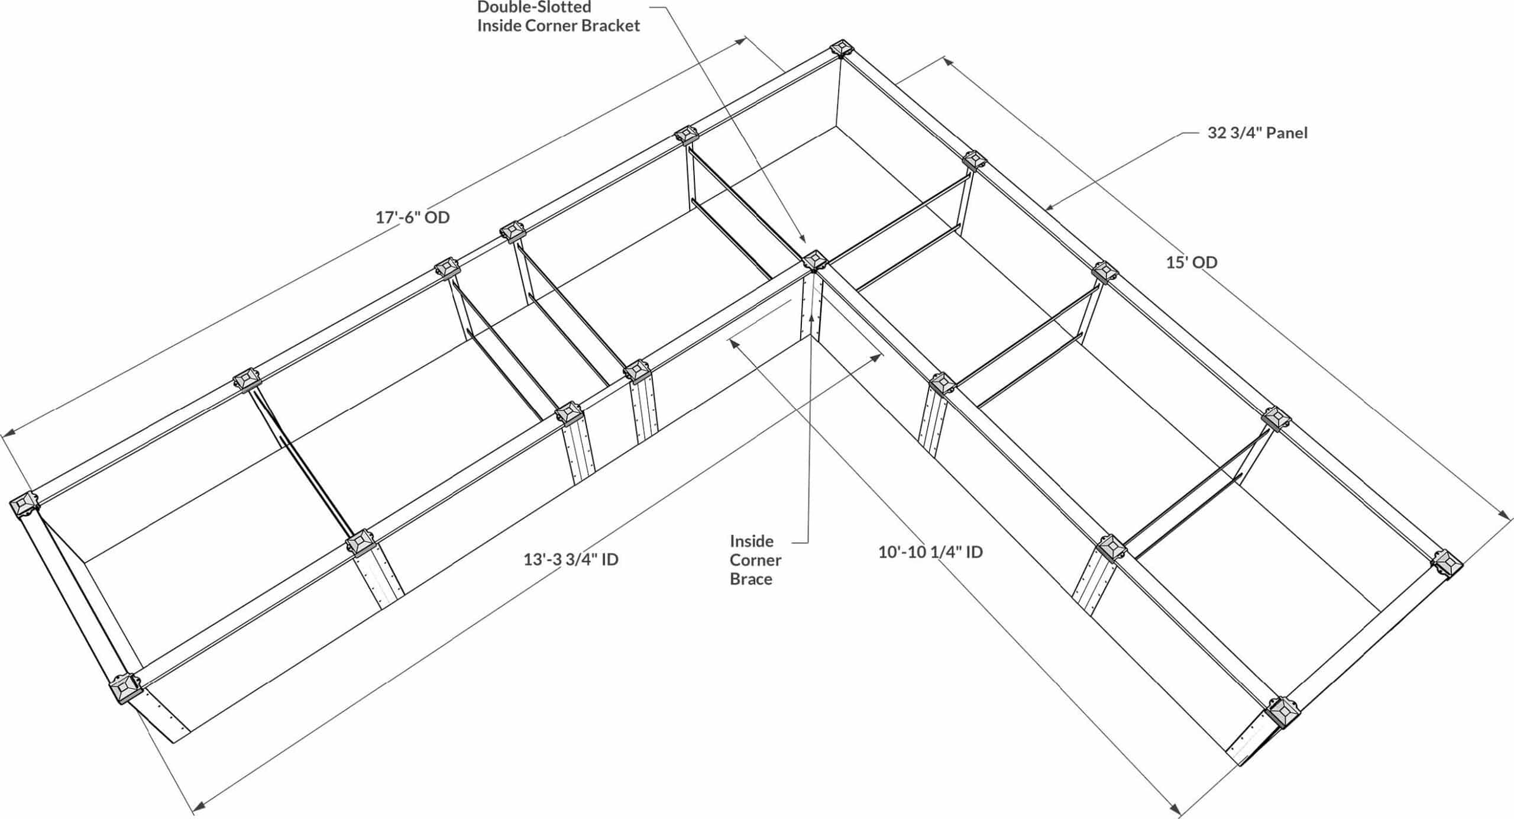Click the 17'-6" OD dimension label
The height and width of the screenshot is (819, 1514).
coord(412,218)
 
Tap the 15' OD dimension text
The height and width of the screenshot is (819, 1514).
coord(1191,262)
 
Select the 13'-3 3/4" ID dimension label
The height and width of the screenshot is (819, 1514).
coord(571,559)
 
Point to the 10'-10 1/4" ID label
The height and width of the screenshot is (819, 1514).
coord(930,552)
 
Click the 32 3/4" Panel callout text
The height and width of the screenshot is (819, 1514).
coord(1257,133)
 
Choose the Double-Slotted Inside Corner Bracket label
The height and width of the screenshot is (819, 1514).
coord(558,17)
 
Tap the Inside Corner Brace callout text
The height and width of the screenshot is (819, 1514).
coord(755,560)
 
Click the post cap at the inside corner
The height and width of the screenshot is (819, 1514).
coord(815,261)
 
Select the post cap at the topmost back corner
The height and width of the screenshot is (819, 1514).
coord(841,49)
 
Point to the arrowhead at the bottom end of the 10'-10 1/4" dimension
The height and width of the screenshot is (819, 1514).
coord(1175,809)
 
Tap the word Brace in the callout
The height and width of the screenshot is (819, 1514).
coord(751,579)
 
